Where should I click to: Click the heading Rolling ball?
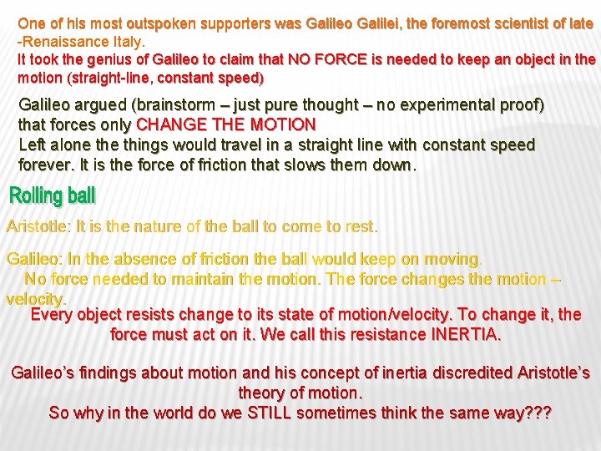(53, 196)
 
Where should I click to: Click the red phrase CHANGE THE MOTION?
(225, 124)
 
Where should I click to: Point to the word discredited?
(469, 372)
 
